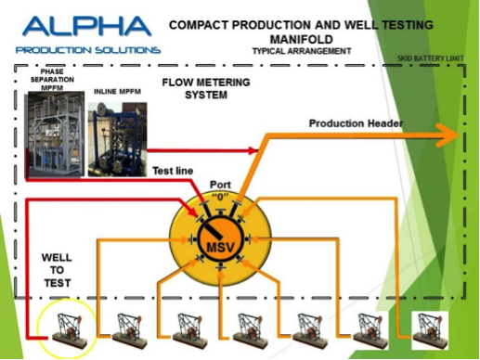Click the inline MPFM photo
pos(114,139)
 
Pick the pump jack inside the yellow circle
pos(67,329)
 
